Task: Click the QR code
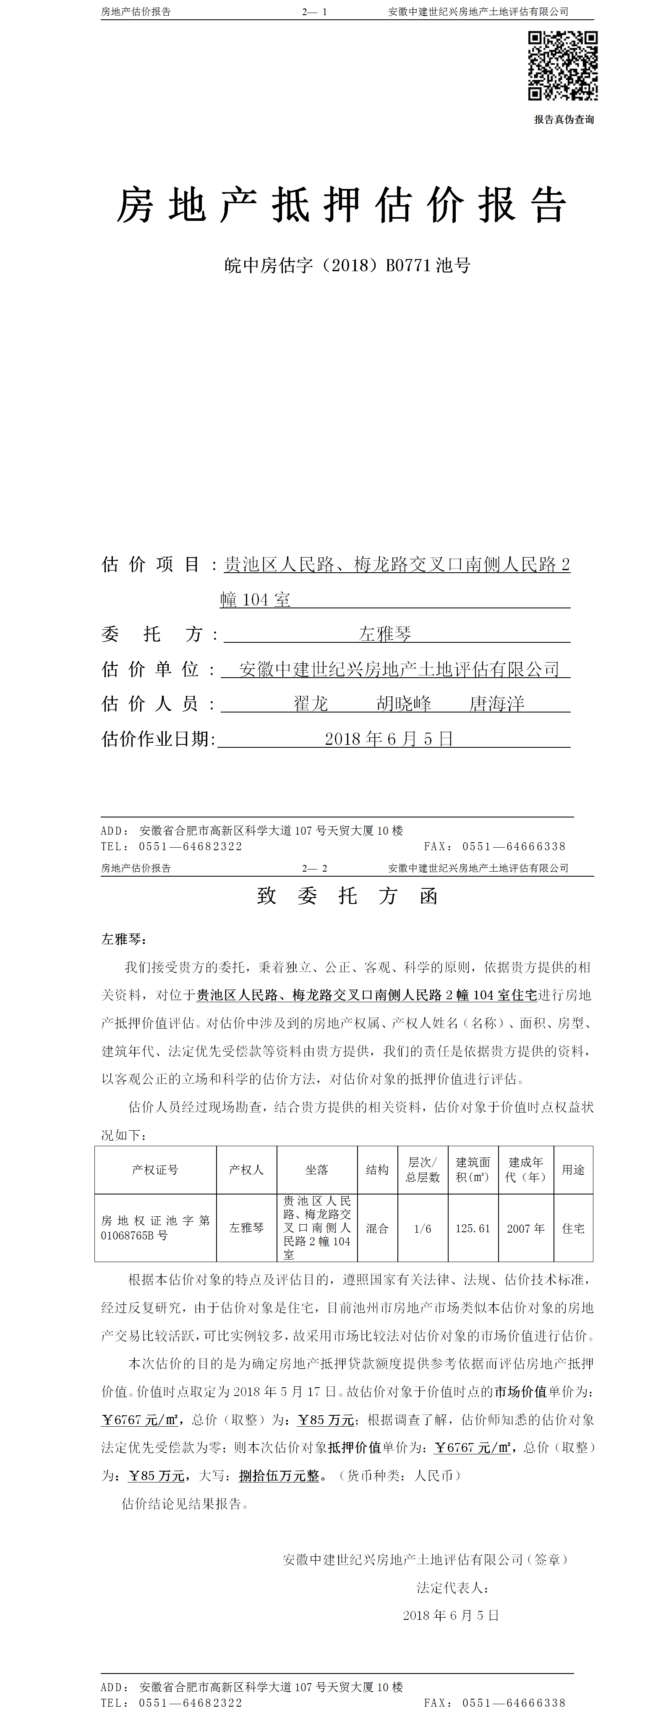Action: click(562, 66)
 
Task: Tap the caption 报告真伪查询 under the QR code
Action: click(564, 120)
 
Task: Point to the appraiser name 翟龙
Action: click(311, 704)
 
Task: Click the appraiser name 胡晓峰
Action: click(403, 704)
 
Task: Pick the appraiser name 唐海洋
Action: click(496, 704)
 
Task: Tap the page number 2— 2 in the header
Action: click(314, 869)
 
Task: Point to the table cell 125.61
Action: click(473, 1228)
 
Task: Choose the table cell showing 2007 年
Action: click(526, 1228)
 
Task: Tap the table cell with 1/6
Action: click(423, 1228)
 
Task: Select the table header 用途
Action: click(573, 1170)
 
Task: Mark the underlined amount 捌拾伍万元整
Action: click(279, 1476)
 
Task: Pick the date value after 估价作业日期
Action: click(389, 739)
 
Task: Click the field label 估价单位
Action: click(150, 669)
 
